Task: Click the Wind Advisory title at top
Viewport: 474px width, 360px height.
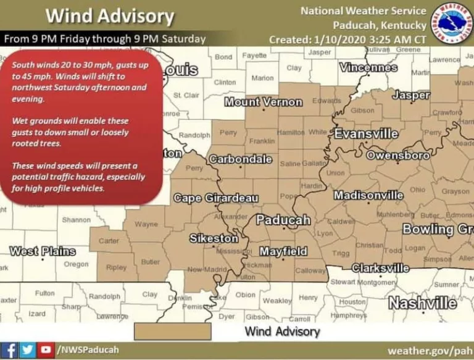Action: tap(110, 16)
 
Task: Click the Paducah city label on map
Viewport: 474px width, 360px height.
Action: tap(283, 220)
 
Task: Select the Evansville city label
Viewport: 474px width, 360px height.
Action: tap(366, 133)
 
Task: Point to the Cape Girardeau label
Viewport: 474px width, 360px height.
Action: tap(216, 198)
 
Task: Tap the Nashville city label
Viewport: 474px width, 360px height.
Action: tap(422, 303)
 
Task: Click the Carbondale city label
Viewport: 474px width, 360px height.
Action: tap(240, 159)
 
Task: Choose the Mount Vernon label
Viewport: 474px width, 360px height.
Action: tap(263, 102)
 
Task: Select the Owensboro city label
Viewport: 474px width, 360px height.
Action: tap(398, 156)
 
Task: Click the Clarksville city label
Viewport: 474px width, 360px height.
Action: tap(380, 268)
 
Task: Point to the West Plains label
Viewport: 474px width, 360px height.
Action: tap(42, 251)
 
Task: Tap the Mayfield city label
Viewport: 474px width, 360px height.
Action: tap(283, 251)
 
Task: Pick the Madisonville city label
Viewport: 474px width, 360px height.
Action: tap(368, 195)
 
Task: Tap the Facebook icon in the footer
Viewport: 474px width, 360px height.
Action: tap(11, 350)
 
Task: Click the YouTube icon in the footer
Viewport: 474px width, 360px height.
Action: tap(45, 350)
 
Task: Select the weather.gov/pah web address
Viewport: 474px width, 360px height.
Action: tap(429, 351)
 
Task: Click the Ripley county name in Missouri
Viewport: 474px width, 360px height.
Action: tap(116, 268)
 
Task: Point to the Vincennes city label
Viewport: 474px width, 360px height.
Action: tap(368, 67)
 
